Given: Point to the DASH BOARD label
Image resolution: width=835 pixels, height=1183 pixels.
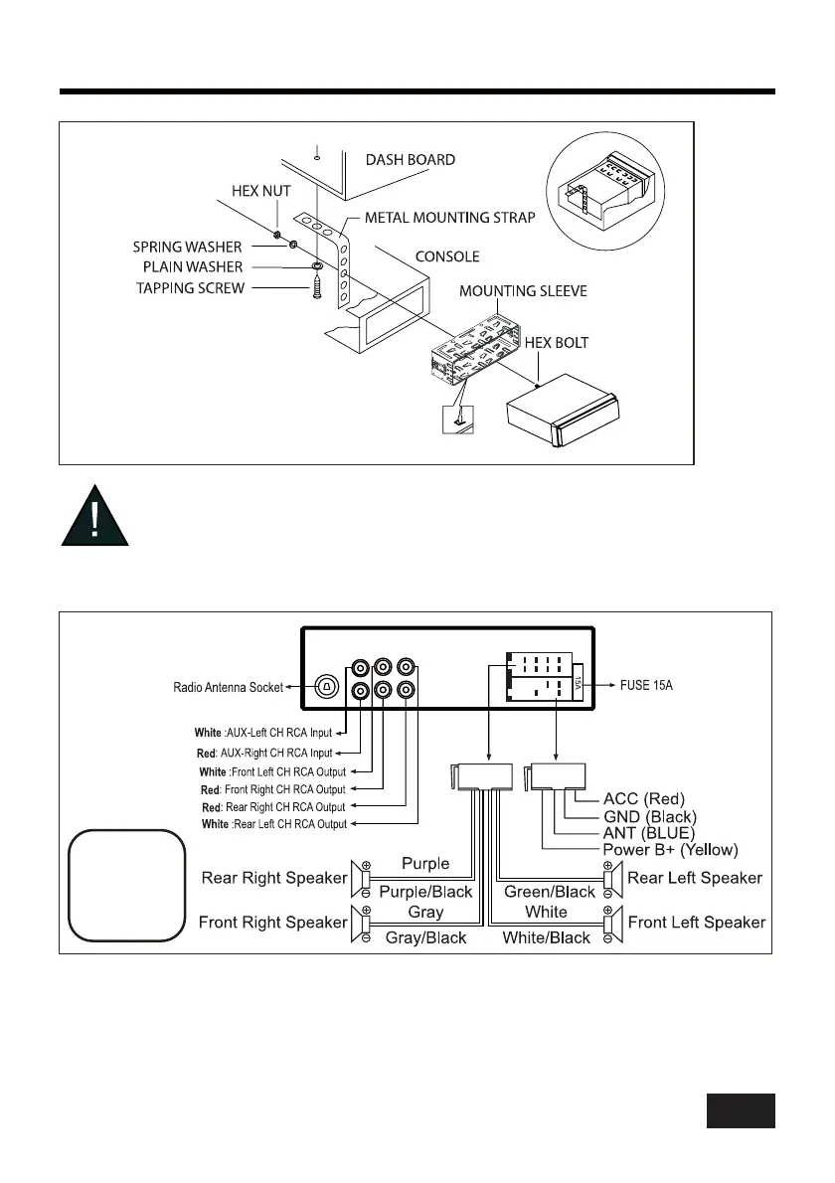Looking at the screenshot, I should pyautogui.click(x=411, y=159).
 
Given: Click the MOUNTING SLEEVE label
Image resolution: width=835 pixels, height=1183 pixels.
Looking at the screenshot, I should pyautogui.click(x=523, y=291).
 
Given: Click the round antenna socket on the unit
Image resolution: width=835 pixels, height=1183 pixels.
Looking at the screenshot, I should pyautogui.click(x=327, y=686).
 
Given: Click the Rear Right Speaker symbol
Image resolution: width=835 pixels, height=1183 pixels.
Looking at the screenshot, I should pyautogui.click(x=359, y=878).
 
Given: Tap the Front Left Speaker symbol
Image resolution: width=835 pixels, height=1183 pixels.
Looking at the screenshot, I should pyautogui.click(x=613, y=923).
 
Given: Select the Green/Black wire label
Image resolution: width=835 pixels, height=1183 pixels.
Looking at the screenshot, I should pyautogui.click(x=550, y=892).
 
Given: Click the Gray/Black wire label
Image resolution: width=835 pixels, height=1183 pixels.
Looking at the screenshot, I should pyautogui.click(x=426, y=937).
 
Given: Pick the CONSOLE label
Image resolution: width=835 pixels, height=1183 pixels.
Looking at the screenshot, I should pyautogui.click(x=447, y=256).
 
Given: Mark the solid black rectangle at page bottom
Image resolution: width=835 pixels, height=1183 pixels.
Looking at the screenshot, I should pyautogui.click(x=741, y=1110).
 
